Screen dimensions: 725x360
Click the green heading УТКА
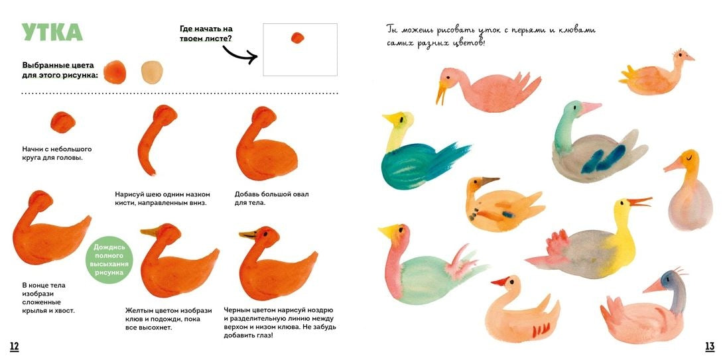(52, 32)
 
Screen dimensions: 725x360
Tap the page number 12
(15, 346)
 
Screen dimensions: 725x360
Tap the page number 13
(710, 346)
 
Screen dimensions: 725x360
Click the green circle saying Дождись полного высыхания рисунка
(109, 260)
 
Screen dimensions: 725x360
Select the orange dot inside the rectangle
(297, 38)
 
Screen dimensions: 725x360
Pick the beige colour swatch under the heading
(152, 72)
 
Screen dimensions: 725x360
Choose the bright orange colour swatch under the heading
(115, 72)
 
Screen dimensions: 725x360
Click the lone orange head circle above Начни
(63, 122)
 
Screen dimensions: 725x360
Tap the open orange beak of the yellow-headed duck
(640, 202)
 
